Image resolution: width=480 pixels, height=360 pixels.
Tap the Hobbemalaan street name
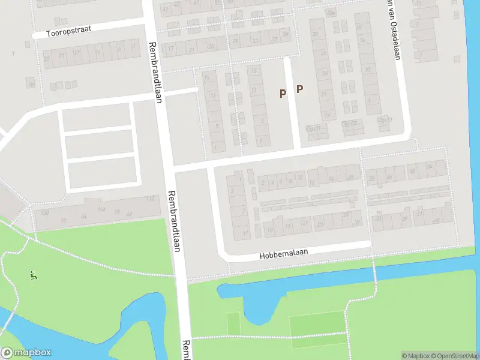pyautogui.click(x=284, y=254)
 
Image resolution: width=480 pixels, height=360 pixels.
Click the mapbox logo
pyautogui.click(x=26, y=353)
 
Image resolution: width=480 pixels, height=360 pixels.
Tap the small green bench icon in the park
pyautogui.click(x=33, y=275)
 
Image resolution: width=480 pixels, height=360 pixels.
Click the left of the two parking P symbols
pyautogui.click(x=283, y=93)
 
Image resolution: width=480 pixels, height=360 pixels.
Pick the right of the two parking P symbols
pyautogui.click(x=299, y=89)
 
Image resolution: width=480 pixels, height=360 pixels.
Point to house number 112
pyautogui.click(x=150, y=199)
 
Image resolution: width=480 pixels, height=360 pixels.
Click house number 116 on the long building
pyautogui.click(x=102, y=209)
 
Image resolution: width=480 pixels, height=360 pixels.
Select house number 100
pyautogui.click(x=44, y=213)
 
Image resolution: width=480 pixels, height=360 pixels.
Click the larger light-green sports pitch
pyautogui.click(x=317, y=326)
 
